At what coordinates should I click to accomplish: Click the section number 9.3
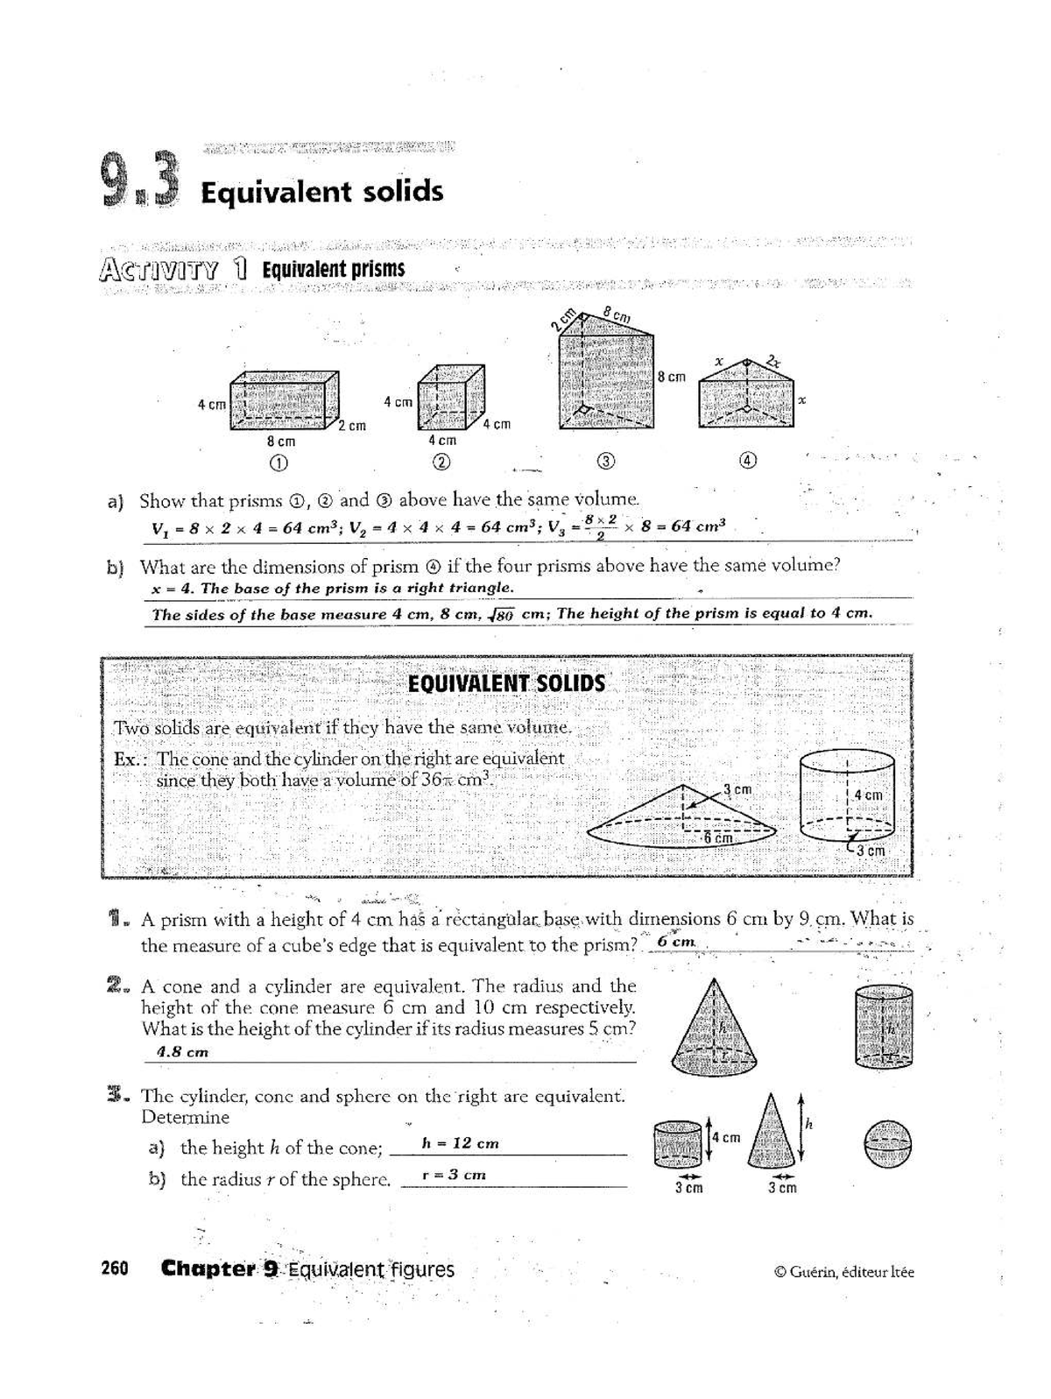[140, 181]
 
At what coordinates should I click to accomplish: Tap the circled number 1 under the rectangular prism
[279, 463]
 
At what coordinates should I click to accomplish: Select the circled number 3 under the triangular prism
[606, 462]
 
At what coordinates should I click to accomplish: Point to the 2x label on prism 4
[772, 359]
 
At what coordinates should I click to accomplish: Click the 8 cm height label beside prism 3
[672, 377]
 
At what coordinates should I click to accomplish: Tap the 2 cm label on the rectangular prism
[352, 426]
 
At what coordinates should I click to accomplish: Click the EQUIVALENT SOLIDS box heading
[506, 683]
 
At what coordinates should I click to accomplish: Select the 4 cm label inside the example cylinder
[868, 795]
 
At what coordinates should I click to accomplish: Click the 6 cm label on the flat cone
[717, 837]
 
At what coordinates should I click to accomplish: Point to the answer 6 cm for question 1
[676, 942]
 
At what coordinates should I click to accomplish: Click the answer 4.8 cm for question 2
[182, 1052]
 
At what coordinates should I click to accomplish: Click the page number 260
[115, 1268]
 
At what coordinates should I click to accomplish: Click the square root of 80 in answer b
[502, 615]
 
